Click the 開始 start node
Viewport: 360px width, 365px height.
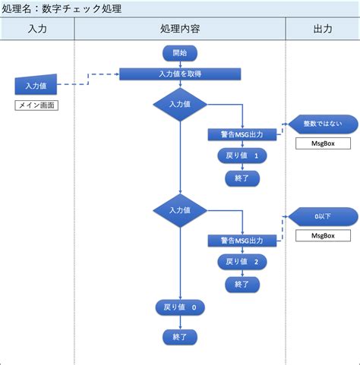pos(180,52)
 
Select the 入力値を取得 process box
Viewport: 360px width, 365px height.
pos(180,74)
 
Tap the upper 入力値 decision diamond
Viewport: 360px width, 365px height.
pos(180,104)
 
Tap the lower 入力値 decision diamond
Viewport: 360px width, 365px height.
pos(180,209)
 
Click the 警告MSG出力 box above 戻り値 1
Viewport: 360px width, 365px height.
pos(242,134)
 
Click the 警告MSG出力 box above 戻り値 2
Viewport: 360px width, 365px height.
pos(242,240)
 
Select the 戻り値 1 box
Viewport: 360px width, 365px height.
pos(242,156)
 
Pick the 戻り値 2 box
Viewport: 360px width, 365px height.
pos(242,262)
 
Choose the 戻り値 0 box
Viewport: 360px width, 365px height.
pos(180,307)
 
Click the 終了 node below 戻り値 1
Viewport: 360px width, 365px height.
pos(242,178)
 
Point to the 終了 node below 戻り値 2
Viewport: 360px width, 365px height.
pos(242,285)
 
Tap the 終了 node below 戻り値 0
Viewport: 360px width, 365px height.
pos(180,335)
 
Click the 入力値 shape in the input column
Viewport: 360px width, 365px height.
pos(36,86)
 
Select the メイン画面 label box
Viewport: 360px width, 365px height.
pos(36,105)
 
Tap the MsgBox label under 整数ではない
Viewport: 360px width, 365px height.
pos(318,143)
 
